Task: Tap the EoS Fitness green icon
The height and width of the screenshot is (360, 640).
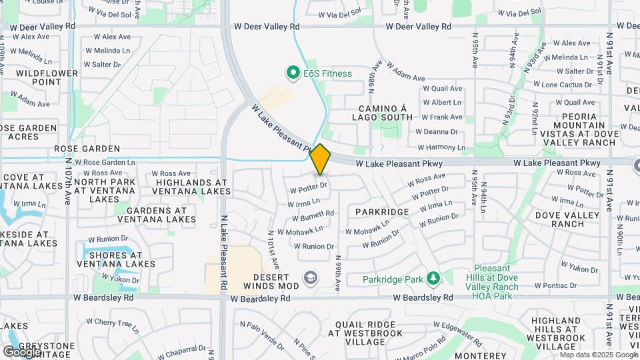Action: [292, 73]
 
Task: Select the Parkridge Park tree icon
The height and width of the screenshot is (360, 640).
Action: [433, 278]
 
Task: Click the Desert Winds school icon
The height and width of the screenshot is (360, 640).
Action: [310, 277]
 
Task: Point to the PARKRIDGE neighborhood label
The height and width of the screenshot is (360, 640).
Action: [381, 211]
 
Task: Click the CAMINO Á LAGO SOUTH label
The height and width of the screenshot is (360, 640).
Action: [385, 113]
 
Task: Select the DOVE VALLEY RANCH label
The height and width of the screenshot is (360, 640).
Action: [559, 219]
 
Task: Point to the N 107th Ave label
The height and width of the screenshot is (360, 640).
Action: [68, 180]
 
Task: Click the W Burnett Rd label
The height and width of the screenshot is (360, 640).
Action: [312, 216]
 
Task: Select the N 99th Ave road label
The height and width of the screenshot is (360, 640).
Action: [338, 273]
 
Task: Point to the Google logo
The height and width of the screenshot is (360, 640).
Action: [21, 351]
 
